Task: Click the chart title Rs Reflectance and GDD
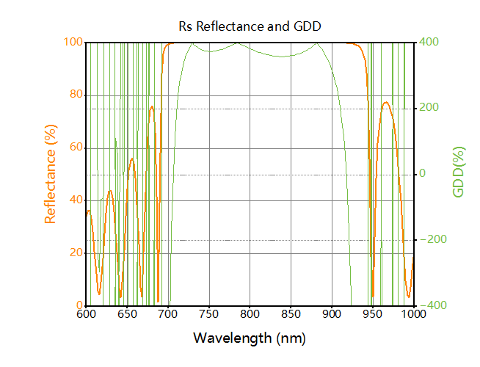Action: tap(250, 26)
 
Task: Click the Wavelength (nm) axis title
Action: tap(250, 338)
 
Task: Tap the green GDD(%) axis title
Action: tap(459, 174)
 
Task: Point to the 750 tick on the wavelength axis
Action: tap(209, 315)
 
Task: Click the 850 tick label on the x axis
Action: tap(291, 315)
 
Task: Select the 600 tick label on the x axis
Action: tap(86, 315)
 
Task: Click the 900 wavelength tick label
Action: tap(332, 315)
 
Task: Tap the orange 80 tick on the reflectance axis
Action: tap(74, 95)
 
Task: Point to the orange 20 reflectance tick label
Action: tap(74, 253)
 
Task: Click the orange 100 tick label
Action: tap(72, 42)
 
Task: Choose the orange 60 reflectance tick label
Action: tap(74, 148)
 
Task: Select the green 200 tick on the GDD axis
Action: tap(429, 108)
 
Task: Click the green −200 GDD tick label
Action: tap(431, 240)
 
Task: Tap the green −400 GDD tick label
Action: tap(431, 306)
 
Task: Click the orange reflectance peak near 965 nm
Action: tap(386, 103)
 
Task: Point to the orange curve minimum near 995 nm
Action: tap(410, 297)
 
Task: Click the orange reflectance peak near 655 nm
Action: tap(132, 159)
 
